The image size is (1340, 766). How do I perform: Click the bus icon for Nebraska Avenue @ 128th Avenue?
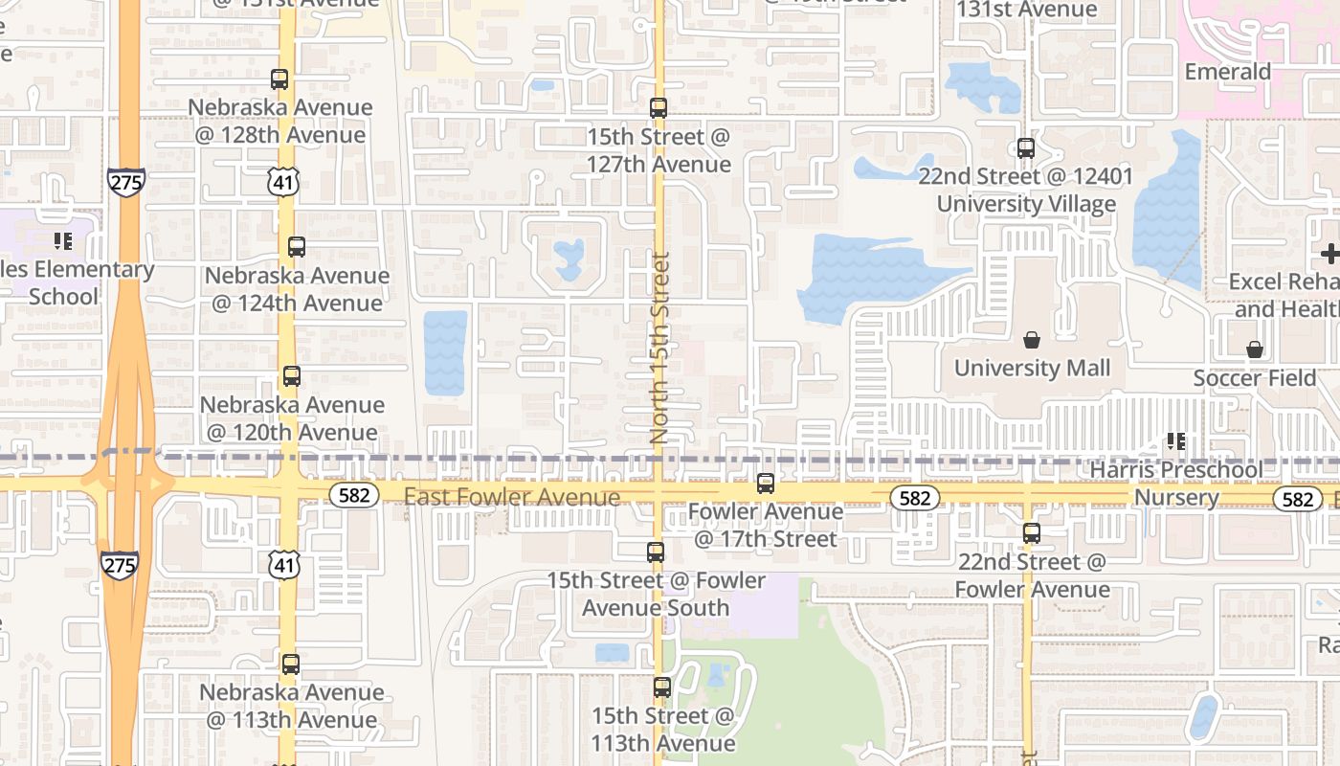coord(279,79)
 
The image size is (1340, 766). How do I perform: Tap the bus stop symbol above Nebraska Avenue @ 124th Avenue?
coord(297,247)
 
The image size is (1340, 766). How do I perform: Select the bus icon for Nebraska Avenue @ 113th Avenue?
coord(291,664)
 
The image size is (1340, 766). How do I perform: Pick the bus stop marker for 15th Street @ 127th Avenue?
coord(659,108)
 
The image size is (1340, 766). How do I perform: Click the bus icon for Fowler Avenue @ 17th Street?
coord(766,484)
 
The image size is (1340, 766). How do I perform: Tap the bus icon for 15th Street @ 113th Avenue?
coord(662,687)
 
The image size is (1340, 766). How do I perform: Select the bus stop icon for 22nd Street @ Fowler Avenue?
coord(1032,533)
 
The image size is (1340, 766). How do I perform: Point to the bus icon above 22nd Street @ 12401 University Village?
coord(1026,148)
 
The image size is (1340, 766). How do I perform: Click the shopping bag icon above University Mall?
coord(1032,340)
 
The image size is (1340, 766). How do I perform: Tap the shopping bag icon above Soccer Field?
coord(1255,349)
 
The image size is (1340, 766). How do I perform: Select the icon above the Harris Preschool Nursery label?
coord(1176,441)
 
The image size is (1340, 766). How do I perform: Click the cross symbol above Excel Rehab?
coord(1329,254)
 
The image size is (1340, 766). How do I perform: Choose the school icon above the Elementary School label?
coord(63,241)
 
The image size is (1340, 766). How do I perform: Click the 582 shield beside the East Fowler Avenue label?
coord(355,494)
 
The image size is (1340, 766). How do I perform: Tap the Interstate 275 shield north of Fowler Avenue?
coord(126,182)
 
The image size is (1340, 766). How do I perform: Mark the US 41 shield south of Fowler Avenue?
coord(284,565)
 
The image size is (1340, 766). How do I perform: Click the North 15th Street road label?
coord(659,348)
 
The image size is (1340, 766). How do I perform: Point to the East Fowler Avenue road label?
coord(512,497)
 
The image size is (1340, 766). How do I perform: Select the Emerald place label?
coord(1228,72)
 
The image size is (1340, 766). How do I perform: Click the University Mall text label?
coord(1033,368)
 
